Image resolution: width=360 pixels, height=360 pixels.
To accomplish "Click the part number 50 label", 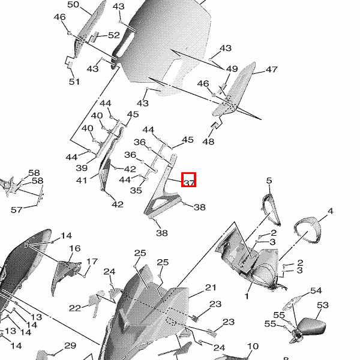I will pyautogui.click(x=73, y=5).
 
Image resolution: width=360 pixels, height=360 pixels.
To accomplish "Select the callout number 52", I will pyautogui.click(x=114, y=35).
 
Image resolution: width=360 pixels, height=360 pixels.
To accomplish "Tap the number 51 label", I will pyautogui.click(x=74, y=82).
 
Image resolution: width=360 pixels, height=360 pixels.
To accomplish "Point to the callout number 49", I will pyautogui.click(x=232, y=69).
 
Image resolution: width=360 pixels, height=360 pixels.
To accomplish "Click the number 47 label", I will pyautogui.click(x=271, y=70).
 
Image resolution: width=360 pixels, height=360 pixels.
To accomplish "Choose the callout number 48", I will pyautogui.click(x=208, y=142).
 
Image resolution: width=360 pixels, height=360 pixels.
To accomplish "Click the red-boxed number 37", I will pyautogui.click(x=189, y=180).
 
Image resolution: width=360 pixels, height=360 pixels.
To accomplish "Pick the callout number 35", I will pyautogui.click(x=136, y=191).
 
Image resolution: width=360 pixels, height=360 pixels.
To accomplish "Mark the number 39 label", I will pyautogui.click(x=83, y=169).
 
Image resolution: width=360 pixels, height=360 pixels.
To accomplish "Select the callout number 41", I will pyautogui.click(x=82, y=180).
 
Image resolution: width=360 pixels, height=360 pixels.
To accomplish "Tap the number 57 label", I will pyautogui.click(x=17, y=209).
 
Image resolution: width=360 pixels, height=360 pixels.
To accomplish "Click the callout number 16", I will pyautogui.click(x=74, y=248).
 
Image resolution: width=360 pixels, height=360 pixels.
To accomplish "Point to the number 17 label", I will pyautogui.click(x=92, y=262).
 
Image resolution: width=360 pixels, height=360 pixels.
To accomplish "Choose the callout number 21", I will pyautogui.click(x=210, y=287).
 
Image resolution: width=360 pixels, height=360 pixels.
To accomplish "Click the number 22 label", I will pyautogui.click(x=74, y=308).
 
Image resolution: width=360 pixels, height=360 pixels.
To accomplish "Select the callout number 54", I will pyautogui.click(x=316, y=291).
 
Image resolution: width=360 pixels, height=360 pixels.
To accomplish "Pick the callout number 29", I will pyautogui.click(x=70, y=346).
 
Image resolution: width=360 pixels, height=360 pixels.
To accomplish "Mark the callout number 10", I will pyautogui.click(x=253, y=346).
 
